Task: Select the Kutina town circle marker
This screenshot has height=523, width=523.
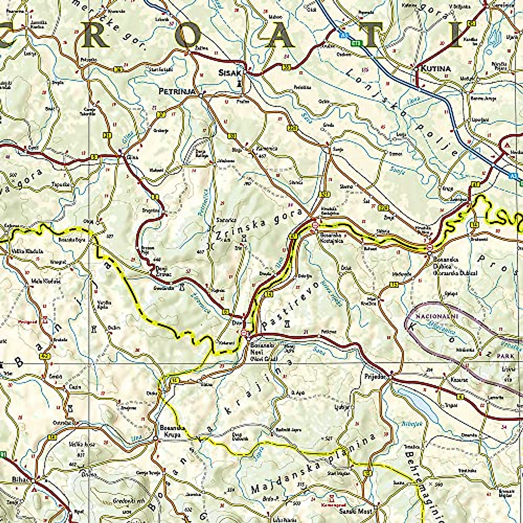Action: point(417,69)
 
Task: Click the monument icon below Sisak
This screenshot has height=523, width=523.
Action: point(239,82)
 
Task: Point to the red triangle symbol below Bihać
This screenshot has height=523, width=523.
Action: point(34,489)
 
